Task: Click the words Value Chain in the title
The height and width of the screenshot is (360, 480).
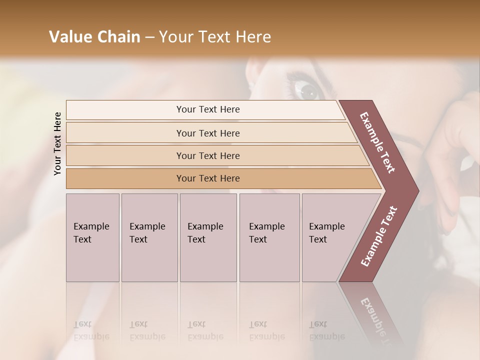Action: coord(94,37)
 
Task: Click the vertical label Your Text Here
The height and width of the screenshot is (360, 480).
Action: coord(57,143)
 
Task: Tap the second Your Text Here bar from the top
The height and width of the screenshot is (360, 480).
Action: coord(208,133)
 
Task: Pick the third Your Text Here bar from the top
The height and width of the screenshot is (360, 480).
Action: coord(208,155)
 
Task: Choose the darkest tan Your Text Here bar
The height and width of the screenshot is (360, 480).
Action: coord(208,178)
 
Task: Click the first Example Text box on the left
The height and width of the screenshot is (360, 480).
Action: coord(92,237)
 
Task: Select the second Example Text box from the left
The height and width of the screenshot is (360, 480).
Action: coord(149,237)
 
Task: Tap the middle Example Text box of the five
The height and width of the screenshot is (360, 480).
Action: coord(208,237)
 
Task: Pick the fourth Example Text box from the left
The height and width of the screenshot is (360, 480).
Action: coord(269,237)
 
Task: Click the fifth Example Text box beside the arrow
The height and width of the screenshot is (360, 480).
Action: coord(330,237)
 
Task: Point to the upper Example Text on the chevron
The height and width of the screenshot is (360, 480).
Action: coord(377,142)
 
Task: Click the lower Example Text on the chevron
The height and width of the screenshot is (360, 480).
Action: coord(379,236)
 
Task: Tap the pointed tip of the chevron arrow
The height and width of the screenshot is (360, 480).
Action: coord(417,191)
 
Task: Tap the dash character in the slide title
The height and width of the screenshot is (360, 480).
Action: coord(149,37)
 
